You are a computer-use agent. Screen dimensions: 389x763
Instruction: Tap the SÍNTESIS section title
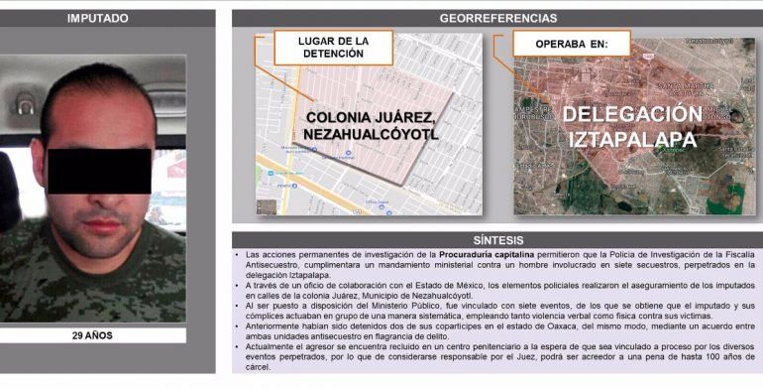(496, 240)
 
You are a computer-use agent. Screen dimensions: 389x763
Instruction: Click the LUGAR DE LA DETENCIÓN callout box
(333, 47)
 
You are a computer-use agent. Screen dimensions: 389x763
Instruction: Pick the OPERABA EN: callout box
(570, 45)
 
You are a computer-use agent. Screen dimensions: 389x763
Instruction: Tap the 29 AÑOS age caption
(93, 335)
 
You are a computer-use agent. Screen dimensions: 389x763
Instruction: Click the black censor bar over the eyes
(99, 170)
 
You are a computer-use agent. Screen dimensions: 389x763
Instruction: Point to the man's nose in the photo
(105, 199)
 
